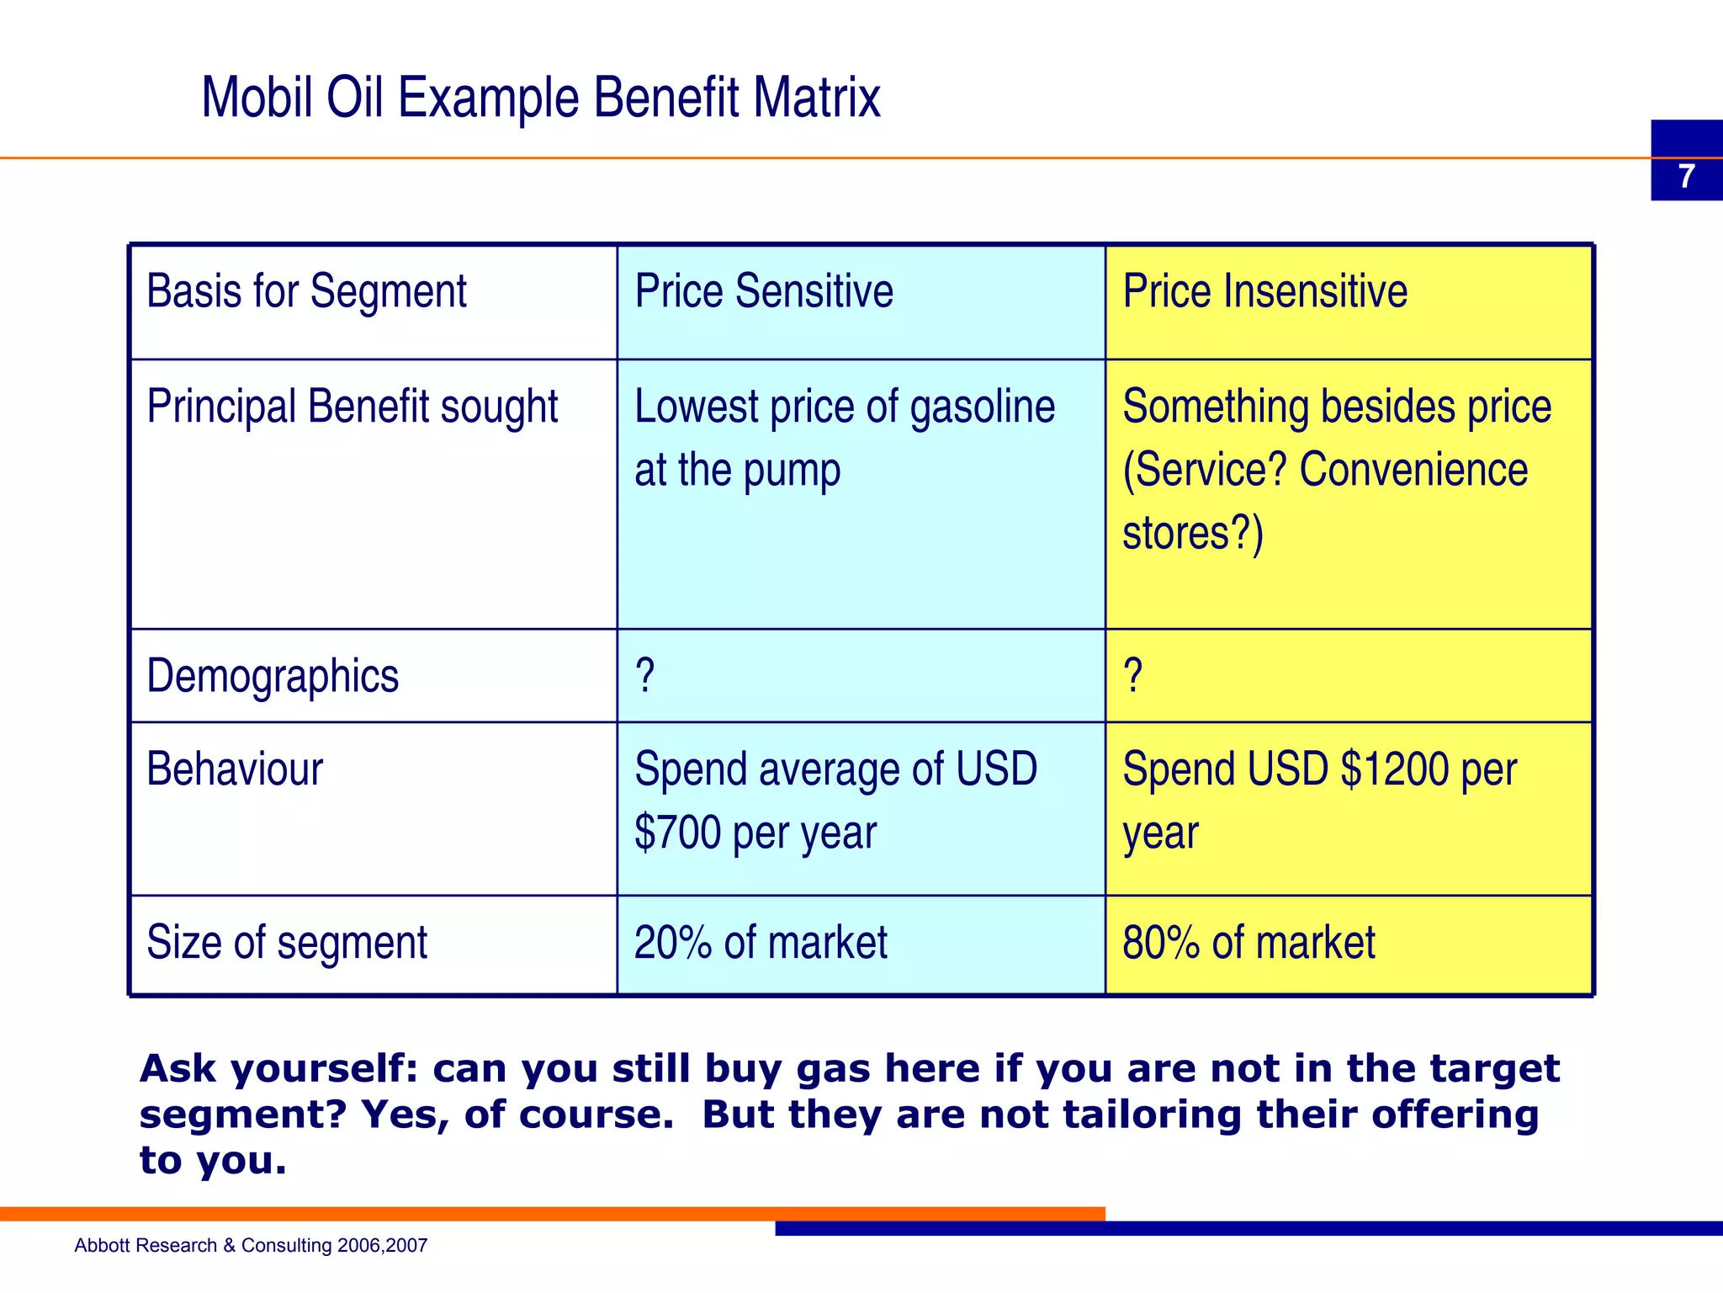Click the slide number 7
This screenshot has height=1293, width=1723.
click(1686, 177)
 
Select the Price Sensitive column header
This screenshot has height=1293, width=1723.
click(763, 292)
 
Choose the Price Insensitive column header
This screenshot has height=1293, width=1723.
click(1264, 292)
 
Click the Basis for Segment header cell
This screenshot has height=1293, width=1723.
click(306, 292)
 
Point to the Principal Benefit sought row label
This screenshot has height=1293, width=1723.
click(352, 407)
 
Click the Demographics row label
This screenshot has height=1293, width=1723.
click(273, 677)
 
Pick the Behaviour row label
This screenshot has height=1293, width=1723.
click(235, 769)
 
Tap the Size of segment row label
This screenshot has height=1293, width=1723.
click(287, 943)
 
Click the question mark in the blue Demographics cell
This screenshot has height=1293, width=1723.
click(644, 676)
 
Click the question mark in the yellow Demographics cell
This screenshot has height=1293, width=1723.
click(1132, 676)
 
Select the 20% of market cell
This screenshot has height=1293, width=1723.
click(761, 943)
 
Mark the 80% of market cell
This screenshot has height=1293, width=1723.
click(1249, 943)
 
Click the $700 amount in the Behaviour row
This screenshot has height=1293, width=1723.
click(677, 833)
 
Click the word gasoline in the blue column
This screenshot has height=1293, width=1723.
click(982, 407)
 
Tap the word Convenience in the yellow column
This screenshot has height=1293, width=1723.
click(1413, 471)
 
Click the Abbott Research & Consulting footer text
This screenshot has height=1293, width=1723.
click(251, 1246)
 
